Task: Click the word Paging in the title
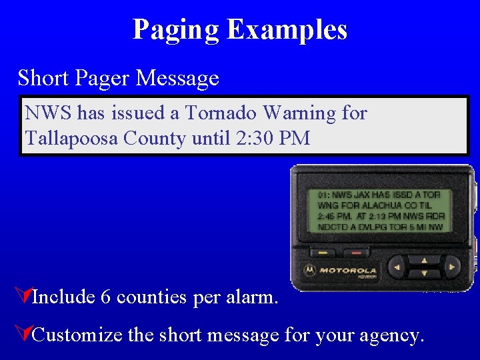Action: [175, 30]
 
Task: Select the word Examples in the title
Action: [287, 30]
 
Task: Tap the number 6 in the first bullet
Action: [105, 297]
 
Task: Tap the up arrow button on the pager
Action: [424, 259]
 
